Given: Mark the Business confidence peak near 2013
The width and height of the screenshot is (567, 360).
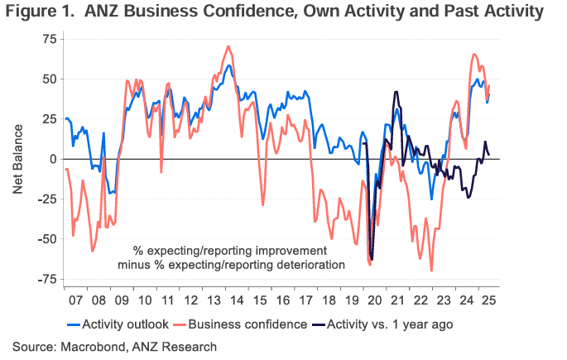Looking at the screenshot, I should (x=228, y=46).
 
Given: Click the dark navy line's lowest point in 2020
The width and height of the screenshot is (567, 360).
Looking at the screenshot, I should (x=372, y=260).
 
